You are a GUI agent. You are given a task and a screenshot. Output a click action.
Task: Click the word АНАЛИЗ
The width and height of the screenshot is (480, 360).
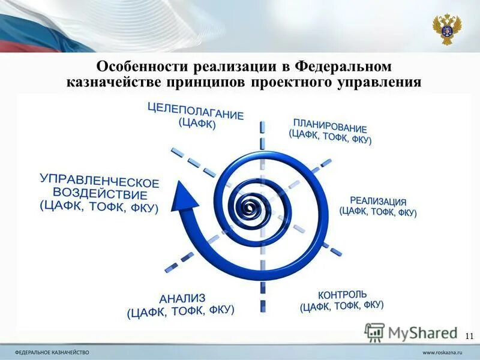(182, 298)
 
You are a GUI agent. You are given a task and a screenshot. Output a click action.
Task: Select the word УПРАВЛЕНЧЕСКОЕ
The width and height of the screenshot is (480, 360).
(100, 180)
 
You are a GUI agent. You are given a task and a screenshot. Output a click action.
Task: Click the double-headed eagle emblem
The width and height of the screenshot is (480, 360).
(447, 28)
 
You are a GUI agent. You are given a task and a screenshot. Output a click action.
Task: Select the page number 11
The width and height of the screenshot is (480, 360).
(469, 335)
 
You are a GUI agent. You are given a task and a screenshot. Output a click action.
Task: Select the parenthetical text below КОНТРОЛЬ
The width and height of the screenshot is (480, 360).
(341, 307)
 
